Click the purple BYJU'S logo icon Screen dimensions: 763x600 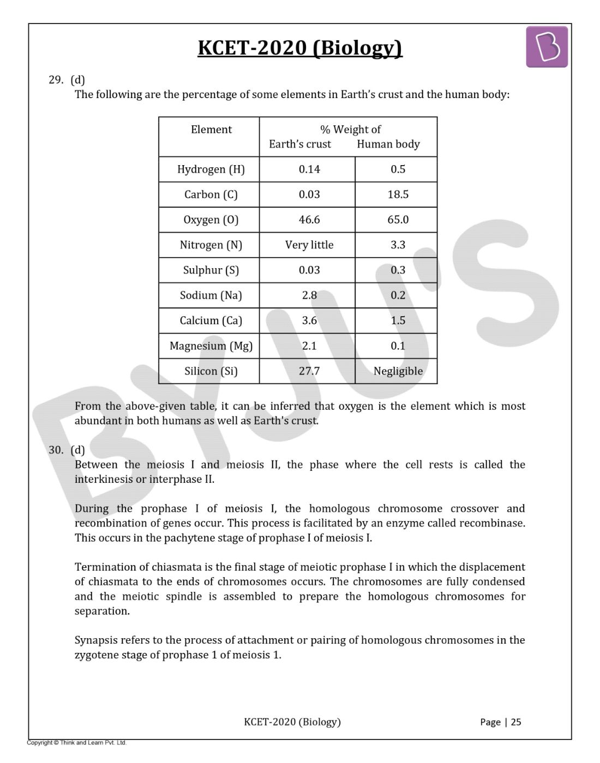tap(547, 47)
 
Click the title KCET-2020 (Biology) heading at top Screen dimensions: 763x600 tap(299, 48)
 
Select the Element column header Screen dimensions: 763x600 tap(211, 130)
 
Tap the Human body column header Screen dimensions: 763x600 tap(388, 144)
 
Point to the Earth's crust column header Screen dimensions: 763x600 tap(300, 144)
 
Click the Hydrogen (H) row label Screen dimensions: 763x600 tap(211, 169)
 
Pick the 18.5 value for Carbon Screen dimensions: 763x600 tap(398, 195)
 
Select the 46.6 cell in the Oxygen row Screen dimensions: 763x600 tap(309, 220)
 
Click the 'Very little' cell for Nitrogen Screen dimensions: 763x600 tap(309, 245)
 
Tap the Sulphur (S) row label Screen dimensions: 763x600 tap(211, 270)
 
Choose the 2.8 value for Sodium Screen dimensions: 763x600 tap(309, 295)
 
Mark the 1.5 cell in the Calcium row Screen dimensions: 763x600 tap(398, 320)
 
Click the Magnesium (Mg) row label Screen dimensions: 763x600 tap(211, 346)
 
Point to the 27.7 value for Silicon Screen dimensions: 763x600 tap(309, 371)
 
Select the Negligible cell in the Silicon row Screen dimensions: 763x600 tap(398, 371)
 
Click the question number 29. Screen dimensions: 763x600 tap(56, 80)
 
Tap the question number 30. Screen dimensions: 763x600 tap(56, 450)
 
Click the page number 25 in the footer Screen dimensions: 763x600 tap(516, 722)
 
